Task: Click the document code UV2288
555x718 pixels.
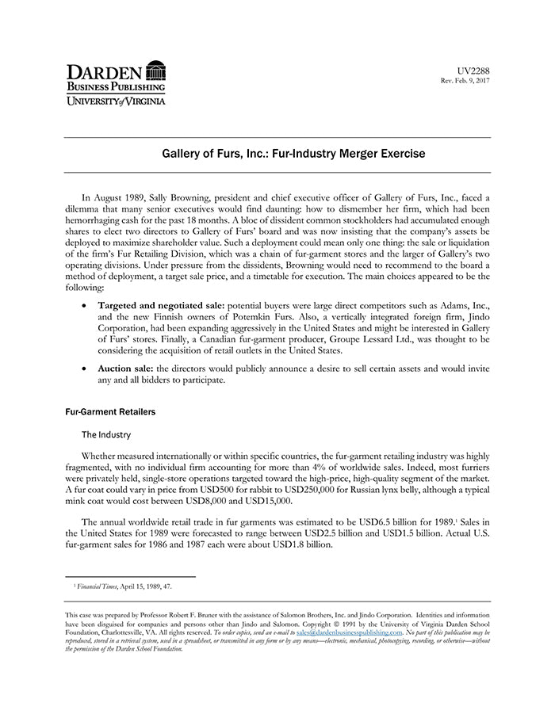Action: (x=474, y=71)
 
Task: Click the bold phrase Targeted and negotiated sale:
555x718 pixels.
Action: (x=162, y=304)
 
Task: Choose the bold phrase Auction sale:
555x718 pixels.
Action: (x=125, y=369)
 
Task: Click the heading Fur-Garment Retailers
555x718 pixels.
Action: (x=110, y=412)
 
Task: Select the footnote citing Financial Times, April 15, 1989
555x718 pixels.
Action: (x=122, y=586)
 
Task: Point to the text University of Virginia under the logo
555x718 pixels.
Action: (x=115, y=101)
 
